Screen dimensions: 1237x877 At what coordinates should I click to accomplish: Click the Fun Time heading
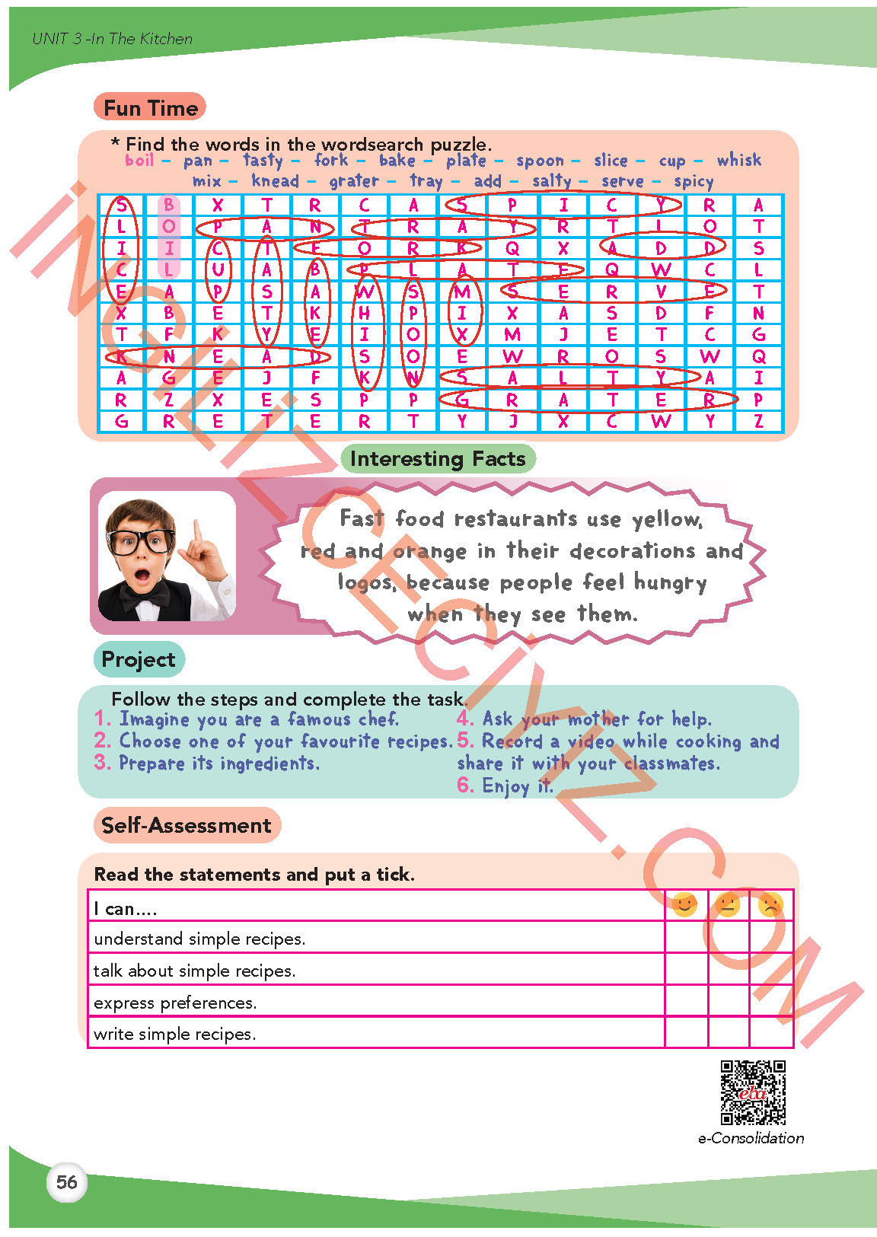pos(150,107)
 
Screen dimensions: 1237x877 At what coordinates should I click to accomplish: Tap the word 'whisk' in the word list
pos(738,160)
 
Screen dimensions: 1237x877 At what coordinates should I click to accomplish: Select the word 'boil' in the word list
pos(139,160)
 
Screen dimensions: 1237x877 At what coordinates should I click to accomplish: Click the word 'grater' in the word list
pos(354,181)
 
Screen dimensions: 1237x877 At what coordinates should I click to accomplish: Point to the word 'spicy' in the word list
pos(694,181)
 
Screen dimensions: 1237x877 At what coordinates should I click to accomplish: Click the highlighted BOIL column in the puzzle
pos(169,237)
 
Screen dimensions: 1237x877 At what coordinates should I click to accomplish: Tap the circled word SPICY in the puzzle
pos(562,204)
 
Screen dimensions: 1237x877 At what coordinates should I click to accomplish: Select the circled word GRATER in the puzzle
pos(587,400)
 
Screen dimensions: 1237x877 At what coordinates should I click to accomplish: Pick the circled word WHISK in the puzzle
pos(365,334)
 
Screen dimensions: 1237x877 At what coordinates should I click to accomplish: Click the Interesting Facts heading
pos(438,458)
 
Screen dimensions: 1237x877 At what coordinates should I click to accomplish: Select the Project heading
pos(139,659)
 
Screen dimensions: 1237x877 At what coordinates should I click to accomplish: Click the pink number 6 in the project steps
pos(465,785)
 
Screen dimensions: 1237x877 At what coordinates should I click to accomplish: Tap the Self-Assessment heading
pos(187,825)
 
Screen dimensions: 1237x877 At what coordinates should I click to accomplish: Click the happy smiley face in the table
pos(684,904)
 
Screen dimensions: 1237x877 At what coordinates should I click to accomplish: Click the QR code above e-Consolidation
pos(753,1092)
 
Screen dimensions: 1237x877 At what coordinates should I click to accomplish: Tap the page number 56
pos(67,1182)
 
